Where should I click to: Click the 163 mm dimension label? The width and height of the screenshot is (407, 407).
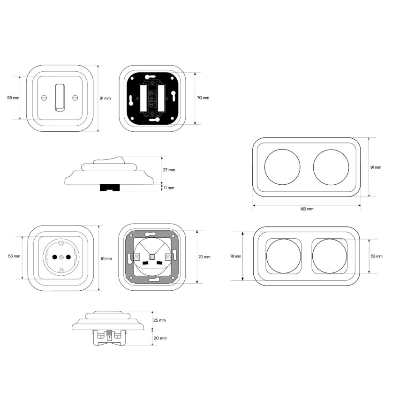(307, 209)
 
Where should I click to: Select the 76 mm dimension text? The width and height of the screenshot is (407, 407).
(236, 256)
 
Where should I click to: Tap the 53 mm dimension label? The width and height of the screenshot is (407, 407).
(377, 256)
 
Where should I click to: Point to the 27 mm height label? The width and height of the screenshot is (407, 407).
(169, 170)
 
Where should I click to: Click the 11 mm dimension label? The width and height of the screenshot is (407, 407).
(169, 188)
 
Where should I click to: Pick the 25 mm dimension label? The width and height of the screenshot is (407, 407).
(159, 320)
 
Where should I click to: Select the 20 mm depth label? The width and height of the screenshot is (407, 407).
(160, 338)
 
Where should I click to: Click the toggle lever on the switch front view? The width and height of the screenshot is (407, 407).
(60, 98)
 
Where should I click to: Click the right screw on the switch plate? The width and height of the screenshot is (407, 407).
(75, 98)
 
